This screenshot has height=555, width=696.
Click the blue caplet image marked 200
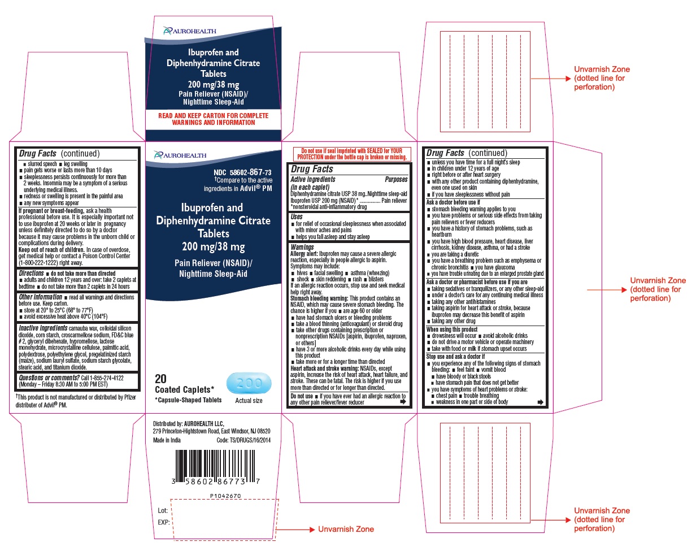pyautogui.click(x=249, y=383)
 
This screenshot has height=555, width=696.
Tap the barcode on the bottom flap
pyautogui.click(x=216, y=467)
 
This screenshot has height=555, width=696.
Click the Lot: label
pyautogui.click(x=163, y=510)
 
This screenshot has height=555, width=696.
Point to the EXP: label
pyautogui.click(x=164, y=522)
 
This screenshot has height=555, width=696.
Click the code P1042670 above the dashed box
pyautogui.click(x=225, y=496)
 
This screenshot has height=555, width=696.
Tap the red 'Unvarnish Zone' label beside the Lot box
pyautogui.click(x=346, y=529)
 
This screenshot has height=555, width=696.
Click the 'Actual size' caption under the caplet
pyautogui.click(x=249, y=401)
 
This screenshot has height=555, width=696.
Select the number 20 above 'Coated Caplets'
pyautogui.click(x=161, y=379)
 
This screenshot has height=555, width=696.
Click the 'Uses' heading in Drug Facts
pyautogui.click(x=297, y=216)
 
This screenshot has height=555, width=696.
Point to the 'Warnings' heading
pyautogui.click(x=302, y=247)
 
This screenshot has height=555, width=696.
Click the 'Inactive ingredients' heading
pyautogui.click(x=43, y=328)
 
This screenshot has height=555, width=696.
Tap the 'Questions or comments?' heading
pyautogui.click(x=49, y=378)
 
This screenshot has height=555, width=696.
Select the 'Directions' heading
pyautogui.click(x=31, y=273)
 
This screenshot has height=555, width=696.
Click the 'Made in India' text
pyautogui.click(x=167, y=440)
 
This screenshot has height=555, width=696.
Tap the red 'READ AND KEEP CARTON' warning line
pyautogui.click(x=213, y=115)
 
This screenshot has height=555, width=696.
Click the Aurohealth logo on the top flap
pyautogui.click(x=190, y=31)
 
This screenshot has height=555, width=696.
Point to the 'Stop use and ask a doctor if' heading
pyautogui.click(x=455, y=357)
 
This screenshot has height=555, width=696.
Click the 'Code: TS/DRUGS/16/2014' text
pyautogui.click(x=243, y=440)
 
